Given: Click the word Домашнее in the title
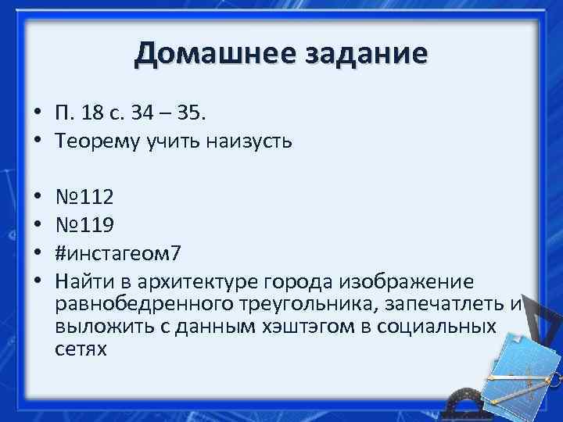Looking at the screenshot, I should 205,54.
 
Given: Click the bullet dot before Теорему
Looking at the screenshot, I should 37,141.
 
